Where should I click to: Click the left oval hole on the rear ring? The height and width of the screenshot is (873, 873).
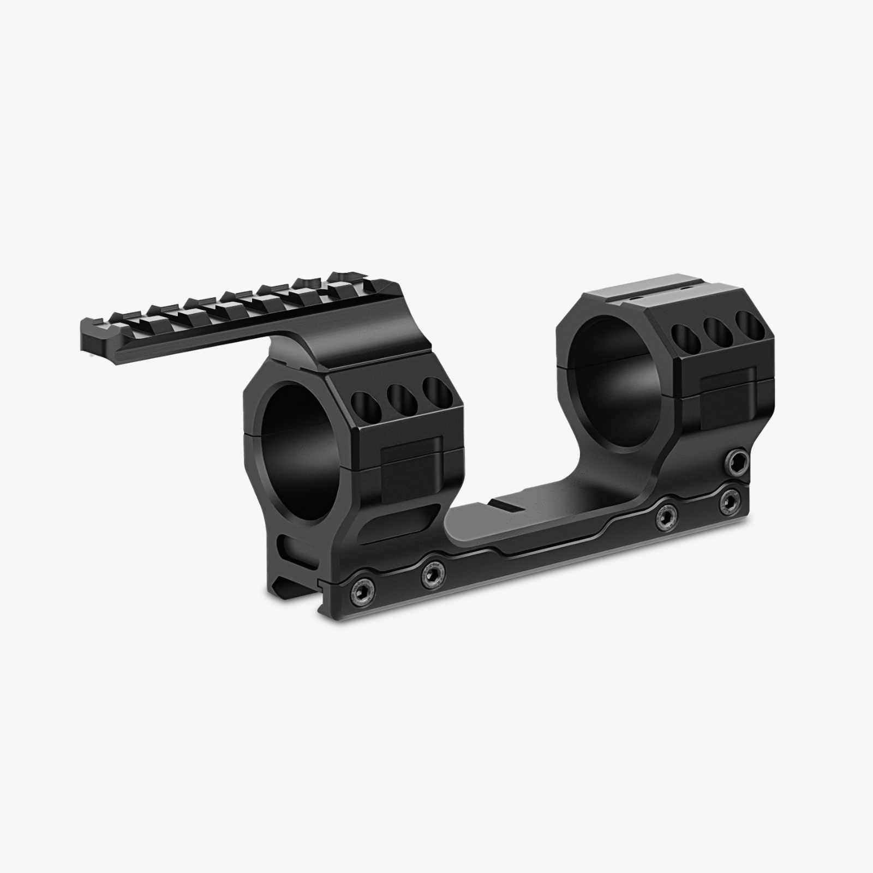(683, 339)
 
